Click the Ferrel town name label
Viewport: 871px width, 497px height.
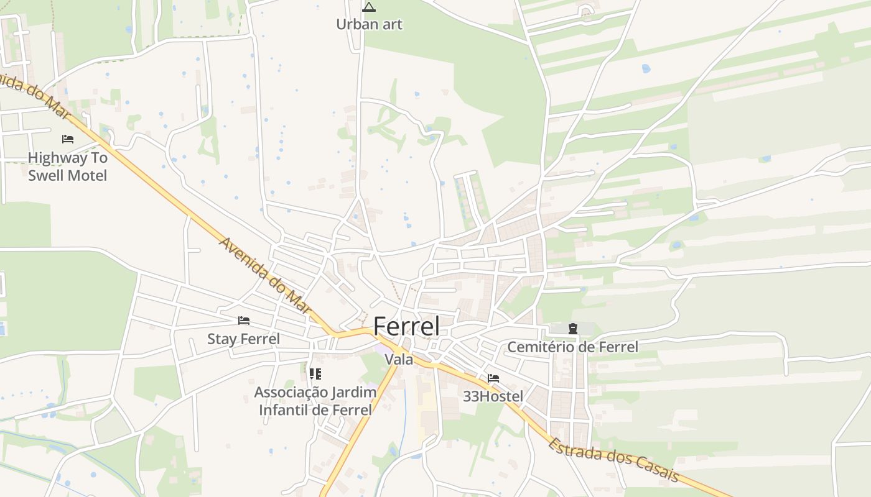tap(406, 327)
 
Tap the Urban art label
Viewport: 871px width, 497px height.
tap(369, 24)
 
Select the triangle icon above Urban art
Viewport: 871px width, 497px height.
tap(369, 7)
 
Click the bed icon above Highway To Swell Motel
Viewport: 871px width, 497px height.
tap(68, 139)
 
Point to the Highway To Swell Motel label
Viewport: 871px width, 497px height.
tap(67, 166)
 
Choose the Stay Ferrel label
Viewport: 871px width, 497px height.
tap(243, 339)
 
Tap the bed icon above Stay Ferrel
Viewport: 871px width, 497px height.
tap(244, 321)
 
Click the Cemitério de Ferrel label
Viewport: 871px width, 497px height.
tap(572, 347)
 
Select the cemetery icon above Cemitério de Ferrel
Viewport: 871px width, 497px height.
tap(572, 329)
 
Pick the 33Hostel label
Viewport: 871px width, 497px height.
tap(493, 396)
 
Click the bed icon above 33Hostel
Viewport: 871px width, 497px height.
tap(493, 378)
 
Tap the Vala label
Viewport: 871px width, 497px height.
tap(399, 360)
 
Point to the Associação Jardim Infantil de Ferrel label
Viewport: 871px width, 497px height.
tap(315, 401)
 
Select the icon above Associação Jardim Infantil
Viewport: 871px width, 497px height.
tap(315, 374)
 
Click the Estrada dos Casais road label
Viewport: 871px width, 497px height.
tap(613, 460)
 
